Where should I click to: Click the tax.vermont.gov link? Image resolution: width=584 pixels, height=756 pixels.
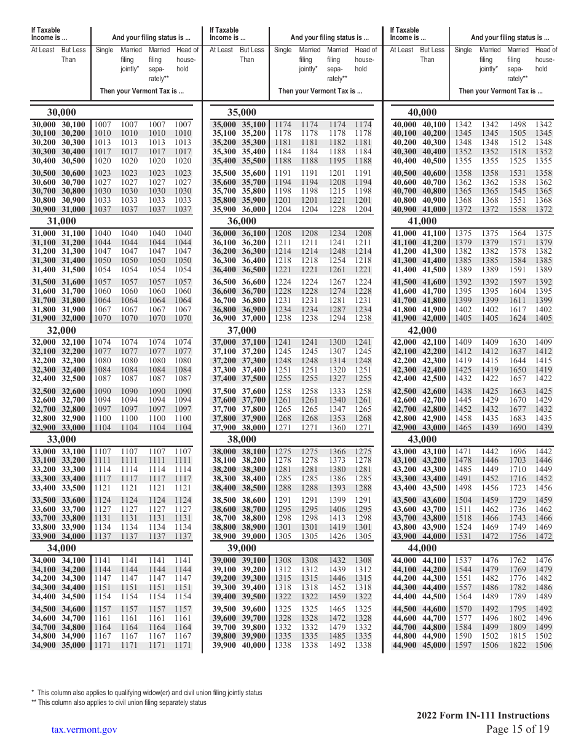pyautogui.click(x=84, y=730)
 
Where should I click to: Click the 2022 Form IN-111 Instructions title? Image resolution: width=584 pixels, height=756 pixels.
pyautogui.click(x=483, y=715)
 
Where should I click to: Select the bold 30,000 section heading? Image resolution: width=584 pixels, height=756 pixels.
pyautogui.click(x=61, y=112)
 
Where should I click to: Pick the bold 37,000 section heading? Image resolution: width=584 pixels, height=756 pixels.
pyautogui.click(x=242, y=330)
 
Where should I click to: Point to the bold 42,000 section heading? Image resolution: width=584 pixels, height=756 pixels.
pyautogui.click(x=422, y=330)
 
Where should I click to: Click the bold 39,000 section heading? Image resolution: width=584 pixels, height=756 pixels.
pyautogui.click(x=242, y=548)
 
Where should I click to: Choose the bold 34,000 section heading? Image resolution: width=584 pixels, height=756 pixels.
pyautogui.click(x=61, y=548)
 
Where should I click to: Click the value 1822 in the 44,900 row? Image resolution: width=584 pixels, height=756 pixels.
pyautogui.click(x=517, y=645)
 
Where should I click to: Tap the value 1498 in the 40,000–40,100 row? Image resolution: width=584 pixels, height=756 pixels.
pyautogui.click(x=517, y=125)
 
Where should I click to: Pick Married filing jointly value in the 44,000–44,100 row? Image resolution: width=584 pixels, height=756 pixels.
pyautogui.click(x=489, y=560)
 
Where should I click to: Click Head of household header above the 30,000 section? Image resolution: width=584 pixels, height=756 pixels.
pyautogui.click(x=187, y=59)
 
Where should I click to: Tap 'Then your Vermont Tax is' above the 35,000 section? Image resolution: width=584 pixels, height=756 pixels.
pyautogui.click(x=320, y=91)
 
